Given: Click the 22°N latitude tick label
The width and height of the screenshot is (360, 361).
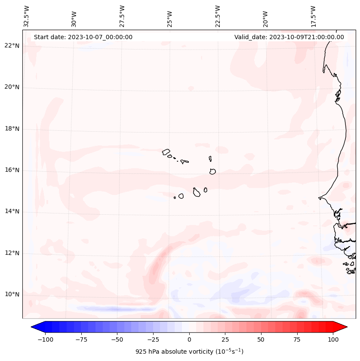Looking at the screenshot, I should (x=12, y=46).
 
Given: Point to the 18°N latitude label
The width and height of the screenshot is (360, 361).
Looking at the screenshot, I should (x=12, y=129).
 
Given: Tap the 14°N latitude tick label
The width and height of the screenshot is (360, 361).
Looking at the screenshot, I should (x=12, y=212).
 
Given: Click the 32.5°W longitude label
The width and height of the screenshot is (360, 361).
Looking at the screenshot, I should (x=27, y=16).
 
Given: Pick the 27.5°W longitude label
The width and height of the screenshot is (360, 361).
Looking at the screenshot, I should (x=122, y=16).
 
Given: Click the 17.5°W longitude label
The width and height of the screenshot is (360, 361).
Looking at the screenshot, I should (x=314, y=16).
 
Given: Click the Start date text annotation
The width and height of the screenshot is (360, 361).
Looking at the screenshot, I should (x=83, y=37).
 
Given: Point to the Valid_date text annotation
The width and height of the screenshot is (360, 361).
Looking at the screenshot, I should (x=289, y=37).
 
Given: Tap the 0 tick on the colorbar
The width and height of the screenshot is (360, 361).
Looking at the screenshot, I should (x=189, y=339).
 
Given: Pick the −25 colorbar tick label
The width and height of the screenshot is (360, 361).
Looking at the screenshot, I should (x=152, y=339).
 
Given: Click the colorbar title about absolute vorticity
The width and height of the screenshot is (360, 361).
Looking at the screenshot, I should (x=189, y=352).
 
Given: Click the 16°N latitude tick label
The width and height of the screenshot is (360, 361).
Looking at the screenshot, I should (x=12, y=170).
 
